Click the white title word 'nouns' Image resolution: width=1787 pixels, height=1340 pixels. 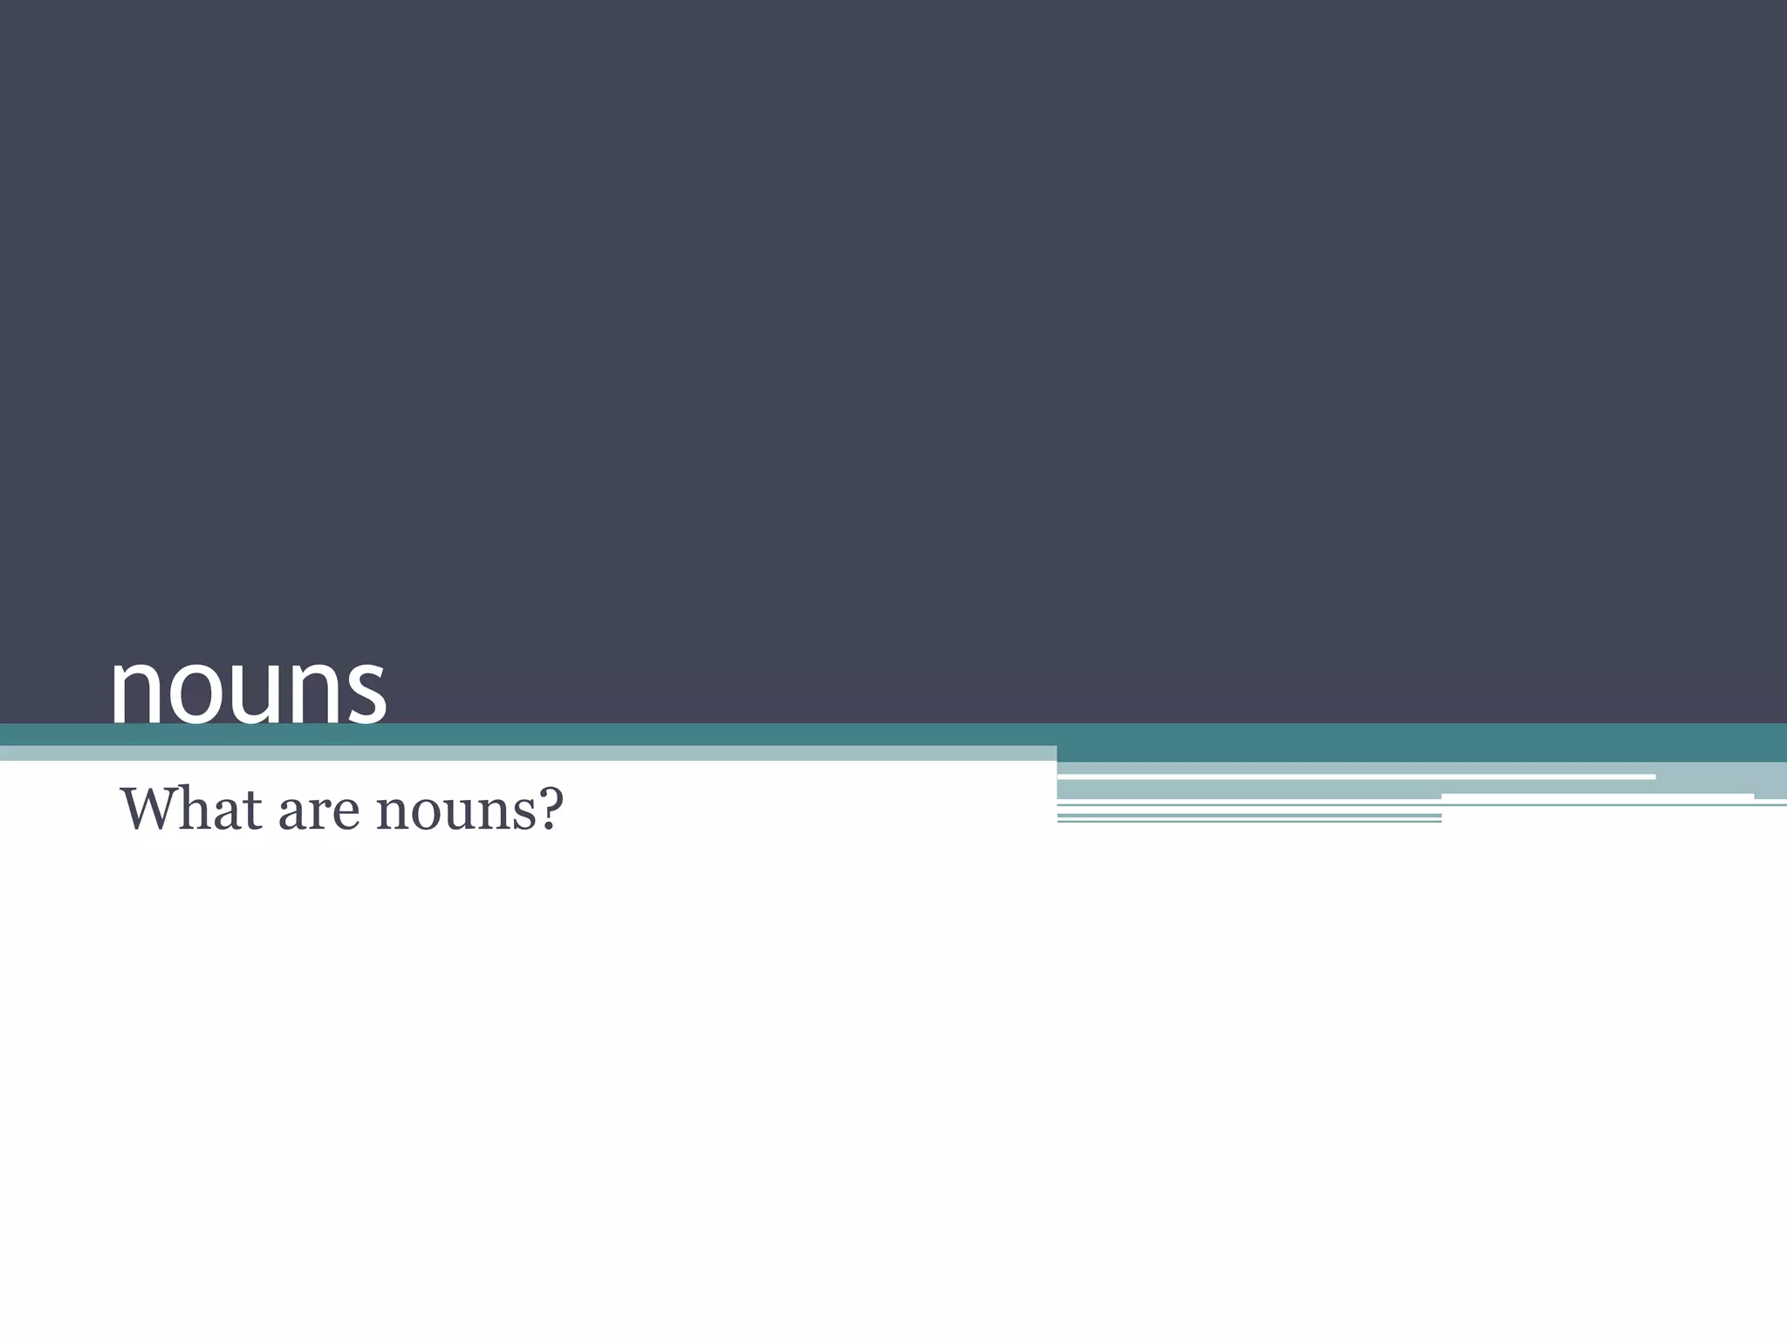click(x=249, y=689)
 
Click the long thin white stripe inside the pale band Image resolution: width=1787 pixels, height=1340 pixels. click(x=1356, y=776)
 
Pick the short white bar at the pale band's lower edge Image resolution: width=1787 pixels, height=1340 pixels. click(x=1598, y=796)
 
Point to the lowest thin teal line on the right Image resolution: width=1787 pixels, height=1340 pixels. click(x=1249, y=821)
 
